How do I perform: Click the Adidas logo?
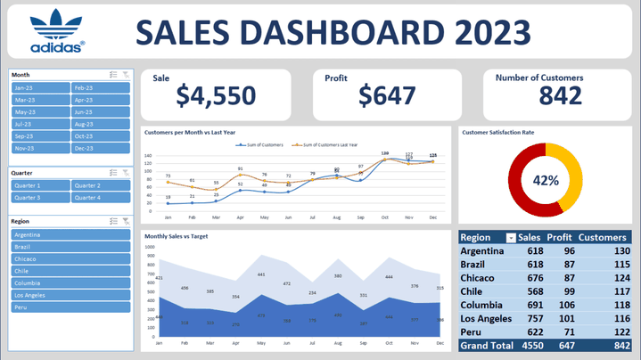tap(57, 31)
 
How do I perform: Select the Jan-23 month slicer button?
tap(39, 88)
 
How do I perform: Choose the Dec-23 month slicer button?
tap(101, 149)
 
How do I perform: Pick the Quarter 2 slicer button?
tap(101, 185)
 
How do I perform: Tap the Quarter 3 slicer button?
tap(39, 198)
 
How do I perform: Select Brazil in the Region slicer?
tap(70, 247)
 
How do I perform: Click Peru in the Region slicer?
tap(70, 307)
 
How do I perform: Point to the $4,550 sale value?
tap(216, 95)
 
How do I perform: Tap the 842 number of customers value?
tap(560, 96)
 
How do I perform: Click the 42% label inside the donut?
tap(546, 180)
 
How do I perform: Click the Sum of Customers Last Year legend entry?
tap(329, 143)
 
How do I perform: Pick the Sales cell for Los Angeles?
tap(533, 318)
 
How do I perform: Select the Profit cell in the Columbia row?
tap(562, 305)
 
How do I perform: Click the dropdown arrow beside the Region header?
tap(510, 238)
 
